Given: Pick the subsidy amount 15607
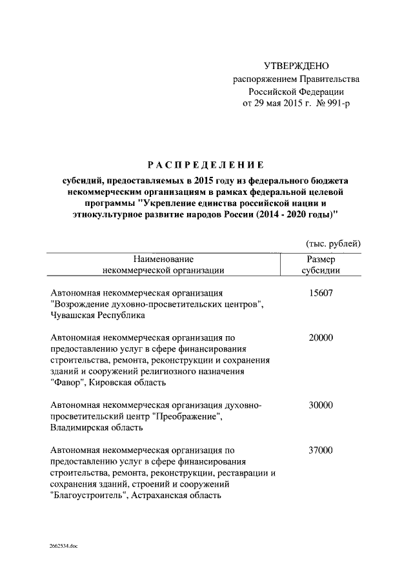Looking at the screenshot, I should tap(321, 292).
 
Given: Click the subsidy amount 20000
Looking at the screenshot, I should tap(321, 337).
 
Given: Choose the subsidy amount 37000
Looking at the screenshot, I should tap(321, 450).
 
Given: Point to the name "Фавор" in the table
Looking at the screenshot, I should tap(66, 383).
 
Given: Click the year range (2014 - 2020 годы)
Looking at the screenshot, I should tap(288, 214).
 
